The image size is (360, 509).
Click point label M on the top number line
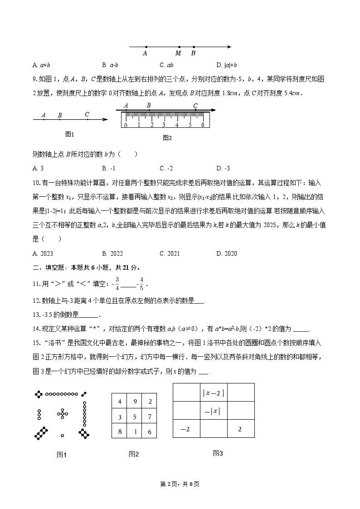coord(178,53)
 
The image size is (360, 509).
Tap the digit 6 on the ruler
coord(203,125)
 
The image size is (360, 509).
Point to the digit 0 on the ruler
coord(126,125)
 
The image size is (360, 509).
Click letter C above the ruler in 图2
coord(195,106)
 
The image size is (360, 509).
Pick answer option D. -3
coord(223,168)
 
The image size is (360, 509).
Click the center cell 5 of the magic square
coord(134,417)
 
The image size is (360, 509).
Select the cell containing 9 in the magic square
coord(134,402)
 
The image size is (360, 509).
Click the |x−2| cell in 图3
coord(213,393)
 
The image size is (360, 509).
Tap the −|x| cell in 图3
coord(213,411)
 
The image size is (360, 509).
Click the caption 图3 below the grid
coord(218,453)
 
